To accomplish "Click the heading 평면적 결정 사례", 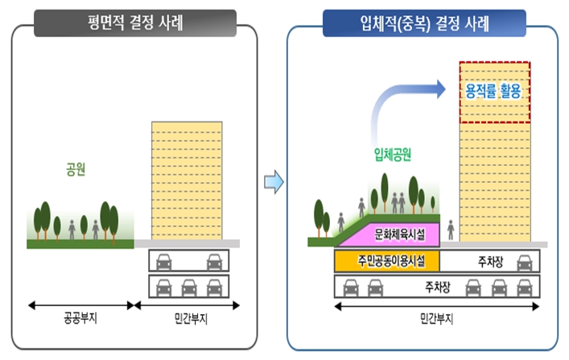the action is click(x=135, y=23).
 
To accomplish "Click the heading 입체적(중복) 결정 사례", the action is click(x=424, y=23).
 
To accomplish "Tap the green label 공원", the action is click(x=76, y=169).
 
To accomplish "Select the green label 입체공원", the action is click(x=393, y=155).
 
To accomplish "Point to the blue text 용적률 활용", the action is click(x=493, y=91).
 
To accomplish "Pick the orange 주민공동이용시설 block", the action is click(x=387, y=261).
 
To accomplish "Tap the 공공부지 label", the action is click(x=80, y=318).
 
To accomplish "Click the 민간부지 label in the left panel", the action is click(x=191, y=319).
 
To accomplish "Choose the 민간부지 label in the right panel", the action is click(x=436, y=319).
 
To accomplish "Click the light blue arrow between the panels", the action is click(x=274, y=182).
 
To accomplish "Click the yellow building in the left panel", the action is click(x=187, y=180).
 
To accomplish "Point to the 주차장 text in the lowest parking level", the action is click(x=437, y=288).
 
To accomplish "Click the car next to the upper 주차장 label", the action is click(x=525, y=263).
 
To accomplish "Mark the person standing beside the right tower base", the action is click(x=451, y=230).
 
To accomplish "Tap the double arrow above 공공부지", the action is click(x=80, y=305).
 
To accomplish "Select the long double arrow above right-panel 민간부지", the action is click(x=436, y=307).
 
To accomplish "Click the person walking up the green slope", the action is click(x=340, y=222).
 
